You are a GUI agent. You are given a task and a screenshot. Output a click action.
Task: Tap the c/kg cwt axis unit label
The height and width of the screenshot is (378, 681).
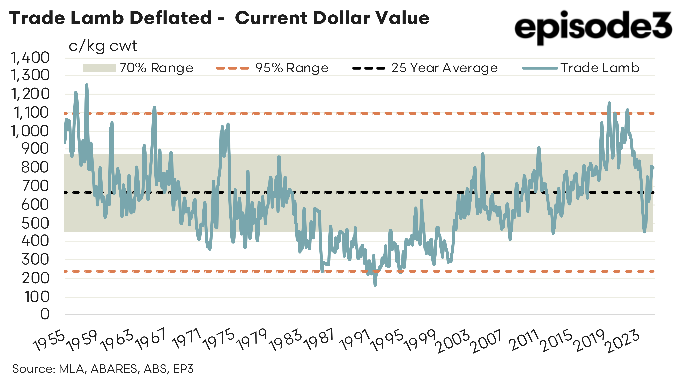pyautogui.click(x=103, y=46)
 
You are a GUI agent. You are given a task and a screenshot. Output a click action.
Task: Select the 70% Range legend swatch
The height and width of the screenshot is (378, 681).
pyautogui.click(x=99, y=68)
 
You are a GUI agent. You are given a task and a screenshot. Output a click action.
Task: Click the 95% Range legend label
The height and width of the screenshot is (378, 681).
pyautogui.click(x=292, y=68)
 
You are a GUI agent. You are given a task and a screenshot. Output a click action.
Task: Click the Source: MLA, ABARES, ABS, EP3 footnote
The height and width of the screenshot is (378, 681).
pyautogui.click(x=103, y=369)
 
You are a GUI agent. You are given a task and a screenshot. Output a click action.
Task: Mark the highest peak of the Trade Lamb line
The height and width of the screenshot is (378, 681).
pyautogui.click(x=86, y=85)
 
